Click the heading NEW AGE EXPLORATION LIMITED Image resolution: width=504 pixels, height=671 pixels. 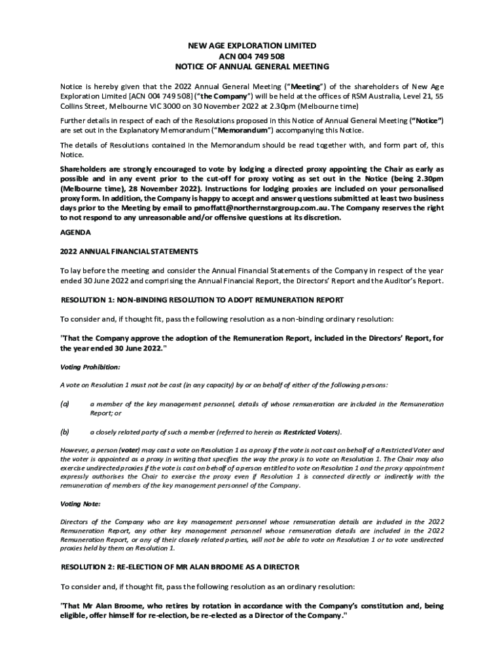tap(252, 46)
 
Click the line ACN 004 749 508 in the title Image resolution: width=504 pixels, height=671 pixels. tap(252, 56)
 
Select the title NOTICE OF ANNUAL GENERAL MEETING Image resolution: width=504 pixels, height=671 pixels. tap(252, 67)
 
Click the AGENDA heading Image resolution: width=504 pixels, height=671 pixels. tap(76, 233)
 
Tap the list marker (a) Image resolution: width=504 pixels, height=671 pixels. tap(65, 404)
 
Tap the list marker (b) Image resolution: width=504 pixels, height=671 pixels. tap(65, 432)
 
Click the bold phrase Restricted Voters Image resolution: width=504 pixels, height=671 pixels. tap(311, 432)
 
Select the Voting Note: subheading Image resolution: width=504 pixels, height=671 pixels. tap(81, 504)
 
